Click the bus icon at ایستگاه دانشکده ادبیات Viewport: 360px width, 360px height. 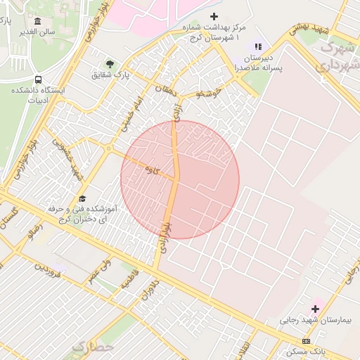coord(37,79)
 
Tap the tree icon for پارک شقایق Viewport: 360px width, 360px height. coord(109,64)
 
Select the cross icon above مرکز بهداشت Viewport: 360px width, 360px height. coord(214,16)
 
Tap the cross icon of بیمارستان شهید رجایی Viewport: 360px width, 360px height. coord(315,308)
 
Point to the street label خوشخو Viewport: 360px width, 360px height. coord(209,93)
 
